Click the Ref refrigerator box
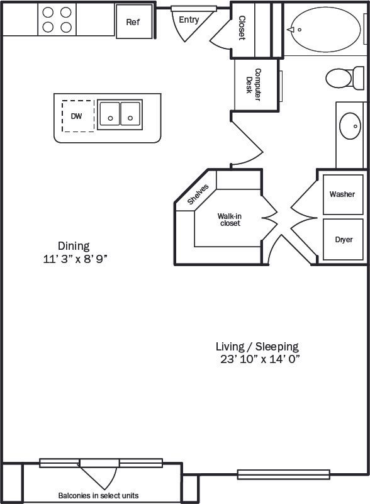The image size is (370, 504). (133, 22)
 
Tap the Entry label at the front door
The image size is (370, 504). (189, 20)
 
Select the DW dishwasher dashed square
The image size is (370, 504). (77, 116)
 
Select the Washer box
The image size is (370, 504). (342, 194)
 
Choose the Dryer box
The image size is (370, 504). (344, 240)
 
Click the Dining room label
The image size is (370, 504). (74, 246)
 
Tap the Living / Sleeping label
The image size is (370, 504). (257, 346)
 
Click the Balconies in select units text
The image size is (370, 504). (98, 495)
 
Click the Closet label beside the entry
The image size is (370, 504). (241, 28)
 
